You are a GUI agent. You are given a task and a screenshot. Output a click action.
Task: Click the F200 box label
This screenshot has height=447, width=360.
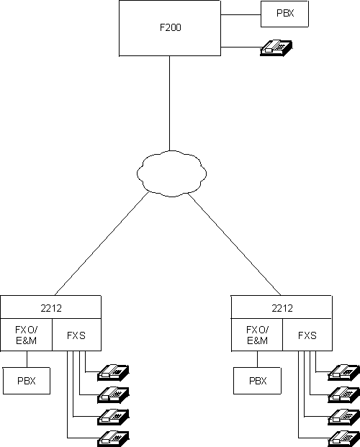coord(170,30)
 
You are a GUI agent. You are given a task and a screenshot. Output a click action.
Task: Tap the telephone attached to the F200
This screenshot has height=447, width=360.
coord(276,48)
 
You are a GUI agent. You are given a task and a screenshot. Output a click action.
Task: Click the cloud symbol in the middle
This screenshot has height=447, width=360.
coord(171,172)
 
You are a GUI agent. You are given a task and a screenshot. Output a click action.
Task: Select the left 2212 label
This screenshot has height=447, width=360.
coord(50,307)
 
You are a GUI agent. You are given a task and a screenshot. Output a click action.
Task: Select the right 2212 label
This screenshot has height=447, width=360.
coord(282,307)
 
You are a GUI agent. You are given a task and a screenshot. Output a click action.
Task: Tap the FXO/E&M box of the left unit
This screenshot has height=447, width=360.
coord(27,335)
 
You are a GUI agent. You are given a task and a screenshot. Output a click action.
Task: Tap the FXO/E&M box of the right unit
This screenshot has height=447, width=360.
coord(257,335)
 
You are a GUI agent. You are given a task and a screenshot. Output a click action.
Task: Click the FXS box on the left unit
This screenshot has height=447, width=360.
coord(76,335)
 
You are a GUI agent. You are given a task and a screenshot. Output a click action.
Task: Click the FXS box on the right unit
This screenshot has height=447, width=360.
coord(307,335)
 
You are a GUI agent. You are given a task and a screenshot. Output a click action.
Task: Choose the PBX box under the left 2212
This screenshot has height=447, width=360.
coord(27,380)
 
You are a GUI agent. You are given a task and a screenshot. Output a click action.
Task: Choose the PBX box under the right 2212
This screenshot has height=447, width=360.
coord(257,380)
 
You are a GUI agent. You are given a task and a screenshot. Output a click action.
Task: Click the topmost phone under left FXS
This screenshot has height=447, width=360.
coord(114,372)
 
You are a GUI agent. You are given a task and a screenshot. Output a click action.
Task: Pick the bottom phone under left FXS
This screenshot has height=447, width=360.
coord(114,436)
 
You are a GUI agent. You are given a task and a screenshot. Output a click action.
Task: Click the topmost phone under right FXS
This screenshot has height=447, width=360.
coord(344,372)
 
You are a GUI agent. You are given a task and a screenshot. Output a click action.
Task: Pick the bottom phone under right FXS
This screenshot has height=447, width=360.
coord(344,436)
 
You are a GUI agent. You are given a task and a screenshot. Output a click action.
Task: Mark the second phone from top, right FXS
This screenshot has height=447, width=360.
coord(344,394)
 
